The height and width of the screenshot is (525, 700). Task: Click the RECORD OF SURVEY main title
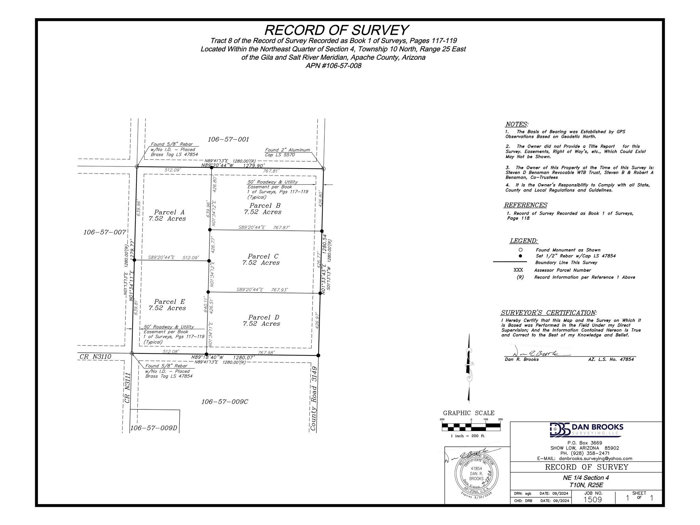pos(336,30)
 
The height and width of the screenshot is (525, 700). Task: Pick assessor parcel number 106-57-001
pos(228,139)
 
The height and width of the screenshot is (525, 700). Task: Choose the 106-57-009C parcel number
pos(225,402)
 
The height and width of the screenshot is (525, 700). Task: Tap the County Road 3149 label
pos(313,399)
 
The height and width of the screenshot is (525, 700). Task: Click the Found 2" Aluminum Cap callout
pos(287,152)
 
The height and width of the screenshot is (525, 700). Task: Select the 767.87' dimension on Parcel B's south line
pos(281,228)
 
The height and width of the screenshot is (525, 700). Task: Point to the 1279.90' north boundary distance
pos(254,166)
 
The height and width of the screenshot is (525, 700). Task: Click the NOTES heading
pos(516,124)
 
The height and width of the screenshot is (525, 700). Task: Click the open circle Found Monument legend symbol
pos(520,250)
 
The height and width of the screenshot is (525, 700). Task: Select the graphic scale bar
pos(471,427)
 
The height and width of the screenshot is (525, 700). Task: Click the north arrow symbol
pos(469,369)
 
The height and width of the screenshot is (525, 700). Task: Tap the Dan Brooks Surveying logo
pos(586,430)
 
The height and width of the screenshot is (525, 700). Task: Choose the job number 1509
pos(592,499)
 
